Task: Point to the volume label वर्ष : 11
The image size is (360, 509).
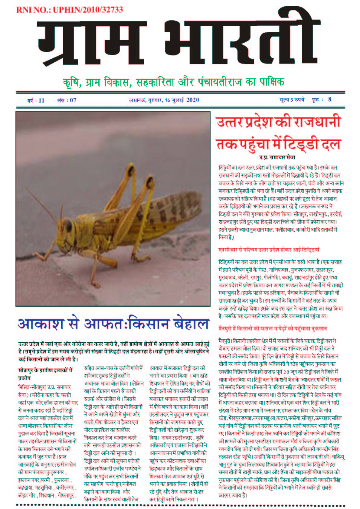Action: coord(36,100)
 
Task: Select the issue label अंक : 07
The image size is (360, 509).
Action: coord(67,100)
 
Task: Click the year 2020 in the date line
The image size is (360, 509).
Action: coord(193,100)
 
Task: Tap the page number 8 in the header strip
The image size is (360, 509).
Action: coord(330,100)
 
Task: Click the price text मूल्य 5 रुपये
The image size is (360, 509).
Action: coord(292,100)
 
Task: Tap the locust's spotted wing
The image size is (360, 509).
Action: coord(163,212)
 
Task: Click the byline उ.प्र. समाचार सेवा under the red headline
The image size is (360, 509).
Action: coord(277,158)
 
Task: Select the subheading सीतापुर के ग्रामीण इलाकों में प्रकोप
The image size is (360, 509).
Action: coord(45,374)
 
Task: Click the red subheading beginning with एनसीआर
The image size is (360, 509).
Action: coord(269,250)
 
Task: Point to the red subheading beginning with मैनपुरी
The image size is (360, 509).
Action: coord(272,328)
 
